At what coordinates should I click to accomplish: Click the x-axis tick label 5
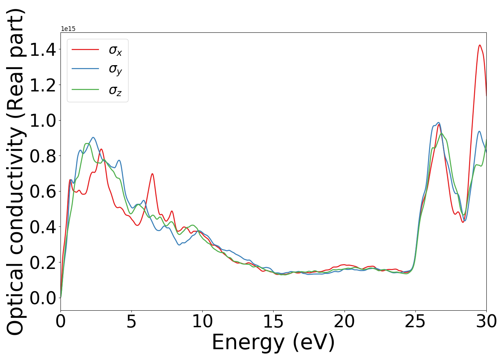point(131,321)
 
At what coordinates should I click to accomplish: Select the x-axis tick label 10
point(202,321)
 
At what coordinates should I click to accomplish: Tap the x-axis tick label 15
point(273,321)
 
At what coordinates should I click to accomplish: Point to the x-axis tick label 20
point(344,321)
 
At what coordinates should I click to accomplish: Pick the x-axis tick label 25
point(415,321)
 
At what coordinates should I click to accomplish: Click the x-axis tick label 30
point(486,321)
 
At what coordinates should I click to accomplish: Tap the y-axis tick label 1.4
point(43,50)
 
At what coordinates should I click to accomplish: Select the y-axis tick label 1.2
point(43,85)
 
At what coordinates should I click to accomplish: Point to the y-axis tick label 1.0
point(43,121)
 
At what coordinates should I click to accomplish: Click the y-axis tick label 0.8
point(43,156)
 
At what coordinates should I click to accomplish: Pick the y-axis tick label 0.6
point(43,192)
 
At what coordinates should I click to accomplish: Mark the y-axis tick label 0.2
point(43,262)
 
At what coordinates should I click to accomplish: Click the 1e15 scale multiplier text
point(68,29)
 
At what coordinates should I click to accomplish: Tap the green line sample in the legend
point(85,89)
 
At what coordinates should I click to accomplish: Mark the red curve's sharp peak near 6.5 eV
point(152,174)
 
